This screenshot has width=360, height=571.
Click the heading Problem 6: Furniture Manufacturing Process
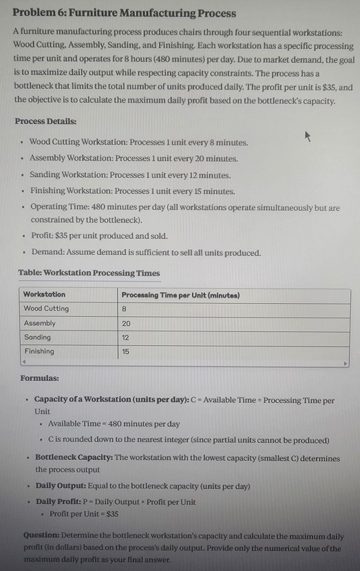124,13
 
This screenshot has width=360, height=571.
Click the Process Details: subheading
45,121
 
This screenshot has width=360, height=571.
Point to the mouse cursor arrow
308,136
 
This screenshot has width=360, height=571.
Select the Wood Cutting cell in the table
46,309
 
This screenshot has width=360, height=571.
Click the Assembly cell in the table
40,323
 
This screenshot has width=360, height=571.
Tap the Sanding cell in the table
39,337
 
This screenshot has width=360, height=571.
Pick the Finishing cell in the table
39,351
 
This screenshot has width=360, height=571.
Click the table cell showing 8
125,309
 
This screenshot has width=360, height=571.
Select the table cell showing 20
126,323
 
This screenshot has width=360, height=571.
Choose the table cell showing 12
126,337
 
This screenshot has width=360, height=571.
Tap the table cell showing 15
126,351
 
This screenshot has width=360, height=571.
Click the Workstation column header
45,295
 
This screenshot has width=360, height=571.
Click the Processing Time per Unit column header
180,295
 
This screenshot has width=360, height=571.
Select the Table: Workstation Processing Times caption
89,273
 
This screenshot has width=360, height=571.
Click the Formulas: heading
39,378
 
